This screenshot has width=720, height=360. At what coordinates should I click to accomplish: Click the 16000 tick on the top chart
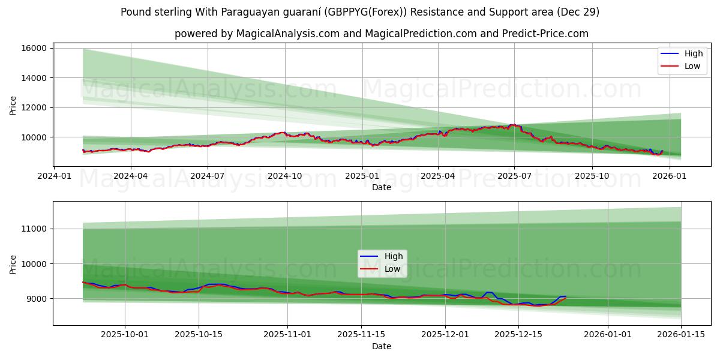point(35,48)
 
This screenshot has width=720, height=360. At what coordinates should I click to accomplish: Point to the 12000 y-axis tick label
point(35,107)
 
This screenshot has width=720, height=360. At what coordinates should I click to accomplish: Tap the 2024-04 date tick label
point(130,176)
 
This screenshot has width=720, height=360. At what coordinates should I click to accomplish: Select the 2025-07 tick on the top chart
point(514,176)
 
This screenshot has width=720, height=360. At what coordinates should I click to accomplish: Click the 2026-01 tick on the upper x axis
point(669,176)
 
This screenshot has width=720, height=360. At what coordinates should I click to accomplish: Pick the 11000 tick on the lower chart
point(35,229)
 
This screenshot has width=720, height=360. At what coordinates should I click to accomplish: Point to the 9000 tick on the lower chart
point(37,299)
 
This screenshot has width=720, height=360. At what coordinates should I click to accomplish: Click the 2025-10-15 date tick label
point(199,335)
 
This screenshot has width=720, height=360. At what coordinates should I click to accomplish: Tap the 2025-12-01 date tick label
point(445,335)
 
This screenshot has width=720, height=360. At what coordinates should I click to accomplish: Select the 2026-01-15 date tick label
point(681,335)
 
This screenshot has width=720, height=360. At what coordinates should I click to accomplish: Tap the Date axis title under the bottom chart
point(382,346)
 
